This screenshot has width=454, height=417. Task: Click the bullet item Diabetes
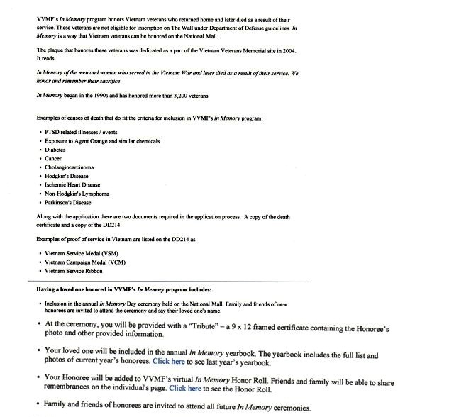[x=56, y=150]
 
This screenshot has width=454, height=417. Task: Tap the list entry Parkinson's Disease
[x=67, y=201]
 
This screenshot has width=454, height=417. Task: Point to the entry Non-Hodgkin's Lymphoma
[x=77, y=193]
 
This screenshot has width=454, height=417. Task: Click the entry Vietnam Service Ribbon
[x=74, y=270]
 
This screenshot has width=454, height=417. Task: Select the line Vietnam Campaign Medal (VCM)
[x=82, y=262]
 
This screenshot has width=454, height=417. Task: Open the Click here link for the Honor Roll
[x=185, y=389]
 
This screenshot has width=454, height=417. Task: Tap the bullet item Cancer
[x=53, y=158]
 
